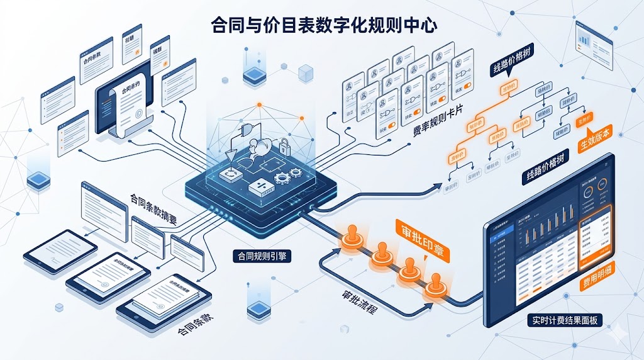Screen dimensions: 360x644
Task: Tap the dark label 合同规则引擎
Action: pos(258,256)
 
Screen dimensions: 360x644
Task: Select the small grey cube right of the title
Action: pos(306,73)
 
